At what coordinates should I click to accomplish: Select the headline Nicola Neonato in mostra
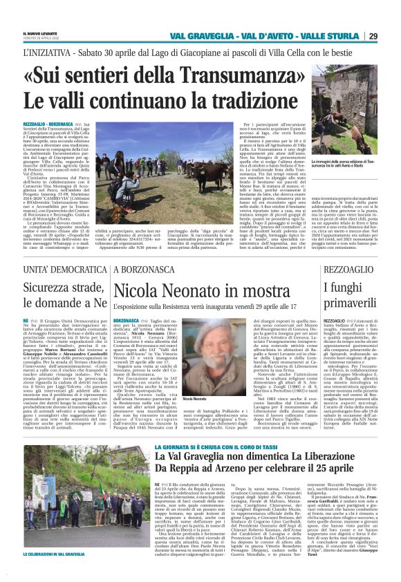193,290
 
